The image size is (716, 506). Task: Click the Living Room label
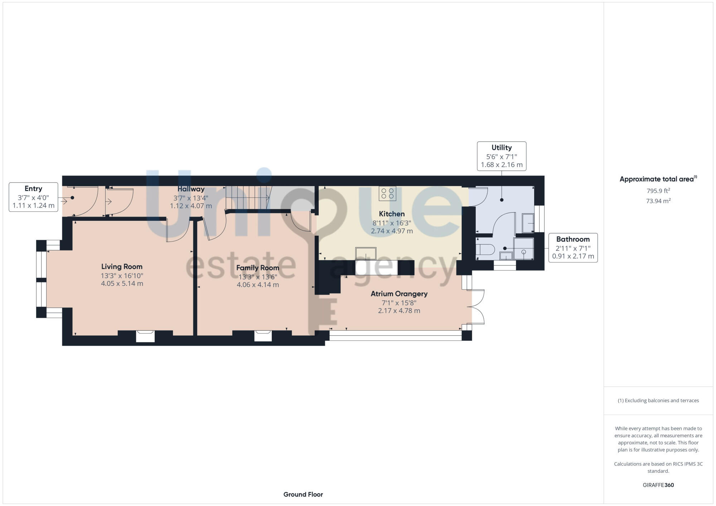pyautogui.click(x=122, y=267)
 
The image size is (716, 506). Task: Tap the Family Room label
pyautogui.click(x=257, y=268)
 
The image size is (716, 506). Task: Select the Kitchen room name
pyautogui.click(x=392, y=214)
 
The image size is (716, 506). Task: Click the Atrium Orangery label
pyautogui.click(x=399, y=294)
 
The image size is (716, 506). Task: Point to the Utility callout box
pyautogui.click(x=501, y=156)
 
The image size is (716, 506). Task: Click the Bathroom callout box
pyautogui.click(x=572, y=248)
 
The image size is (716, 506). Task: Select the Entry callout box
pyautogui.click(x=33, y=197)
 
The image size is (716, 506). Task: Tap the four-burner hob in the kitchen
pyautogui.click(x=387, y=194)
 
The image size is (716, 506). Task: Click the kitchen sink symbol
pyautogui.click(x=366, y=253)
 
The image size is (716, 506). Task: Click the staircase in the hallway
pyautogui.click(x=247, y=198)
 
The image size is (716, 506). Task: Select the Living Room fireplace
pyautogui.click(x=145, y=336)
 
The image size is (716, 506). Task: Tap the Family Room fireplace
pyautogui.click(x=263, y=336)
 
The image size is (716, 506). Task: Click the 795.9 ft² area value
pyautogui.click(x=658, y=191)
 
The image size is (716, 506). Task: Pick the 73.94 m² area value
pyautogui.click(x=658, y=201)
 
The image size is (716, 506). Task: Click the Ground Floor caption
pyautogui.click(x=303, y=495)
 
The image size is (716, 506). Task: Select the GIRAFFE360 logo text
pyautogui.click(x=658, y=485)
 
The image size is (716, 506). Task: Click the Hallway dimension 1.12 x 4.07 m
pyautogui.click(x=190, y=206)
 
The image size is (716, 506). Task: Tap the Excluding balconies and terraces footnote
pyautogui.click(x=658, y=400)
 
